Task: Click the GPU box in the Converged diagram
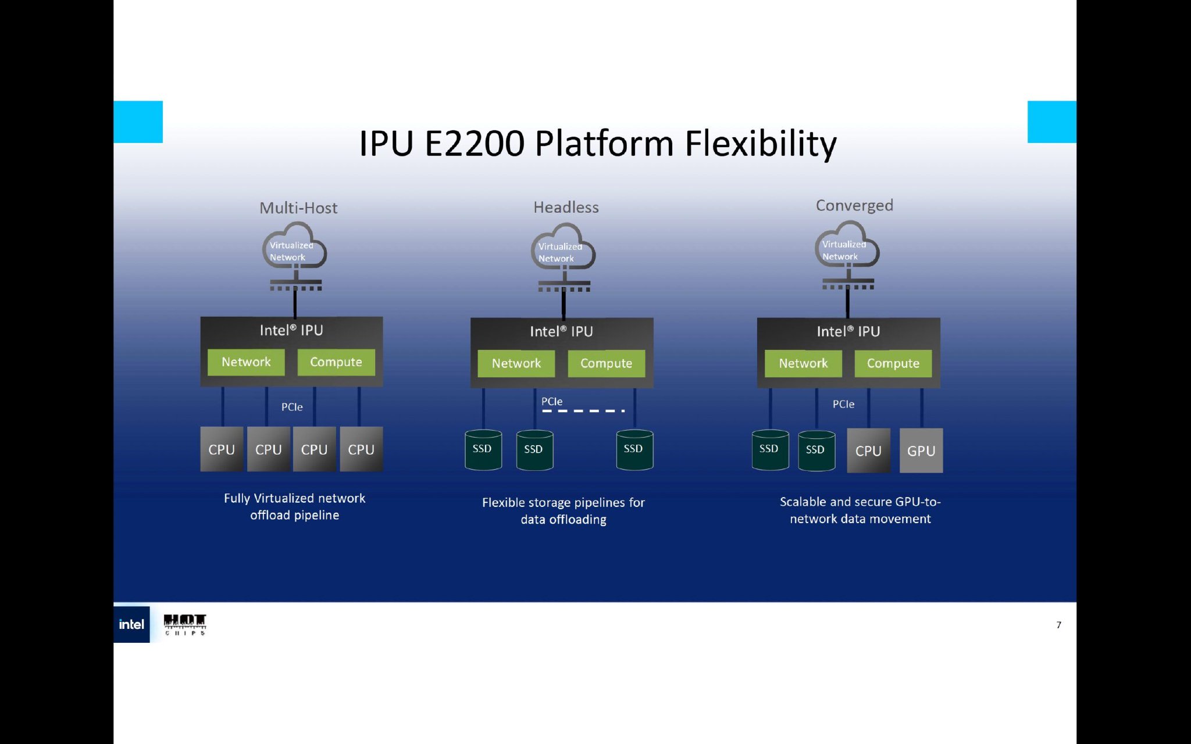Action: point(921,450)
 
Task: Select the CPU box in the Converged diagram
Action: point(868,450)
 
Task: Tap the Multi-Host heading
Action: point(298,208)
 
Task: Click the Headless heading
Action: point(566,207)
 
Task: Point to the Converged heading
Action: point(854,205)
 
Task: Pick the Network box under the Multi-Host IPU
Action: point(246,362)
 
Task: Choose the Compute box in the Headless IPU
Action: point(606,363)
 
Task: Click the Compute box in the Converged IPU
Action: point(893,363)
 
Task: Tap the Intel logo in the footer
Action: point(131,624)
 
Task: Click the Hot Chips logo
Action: point(185,624)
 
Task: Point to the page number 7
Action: point(1058,625)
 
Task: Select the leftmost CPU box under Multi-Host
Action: point(222,449)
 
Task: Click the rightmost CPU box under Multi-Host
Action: point(361,449)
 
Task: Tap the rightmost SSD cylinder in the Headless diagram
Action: point(634,449)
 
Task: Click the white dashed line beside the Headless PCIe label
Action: point(583,411)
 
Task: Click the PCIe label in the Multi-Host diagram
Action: point(292,407)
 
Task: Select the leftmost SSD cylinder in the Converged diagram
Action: point(769,449)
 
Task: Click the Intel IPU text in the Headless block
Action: point(561,331)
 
